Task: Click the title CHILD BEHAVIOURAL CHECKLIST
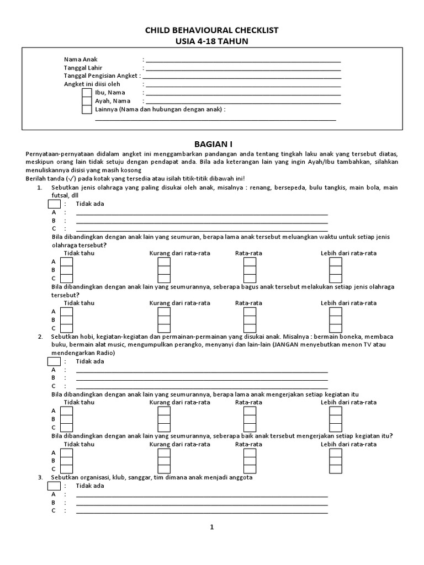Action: pos(211,30)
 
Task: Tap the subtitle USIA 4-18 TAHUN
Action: pos(211,41)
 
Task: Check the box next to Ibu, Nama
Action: pos(87,93)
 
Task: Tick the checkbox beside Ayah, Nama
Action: pos(87,101)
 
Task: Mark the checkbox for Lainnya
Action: pos(87,109)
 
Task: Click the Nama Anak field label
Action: pos(81,59)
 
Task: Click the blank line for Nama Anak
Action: pos(243,60)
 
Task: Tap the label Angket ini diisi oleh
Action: pos(92,84)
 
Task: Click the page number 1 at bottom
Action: pos(211,527)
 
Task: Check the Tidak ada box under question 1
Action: pos(54,204)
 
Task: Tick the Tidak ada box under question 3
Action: pos(54,486)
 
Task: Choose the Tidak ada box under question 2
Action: pos(54,361)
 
